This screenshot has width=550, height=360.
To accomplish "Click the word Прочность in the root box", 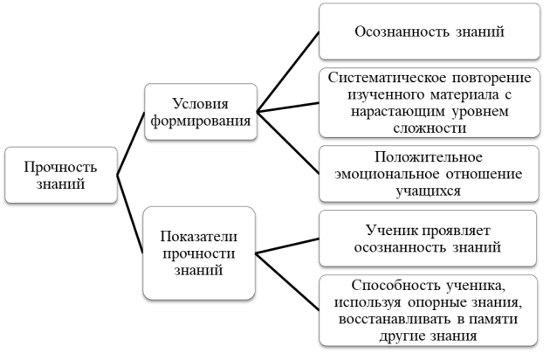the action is [61, 167].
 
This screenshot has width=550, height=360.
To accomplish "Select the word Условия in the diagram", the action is [201, 104].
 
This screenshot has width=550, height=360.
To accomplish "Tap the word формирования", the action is [201, 121].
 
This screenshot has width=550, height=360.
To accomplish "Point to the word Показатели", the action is [199, 237].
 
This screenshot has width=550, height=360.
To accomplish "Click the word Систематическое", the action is [388, 77].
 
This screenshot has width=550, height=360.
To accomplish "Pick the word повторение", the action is [492, 77].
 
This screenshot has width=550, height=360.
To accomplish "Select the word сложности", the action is [430, 128].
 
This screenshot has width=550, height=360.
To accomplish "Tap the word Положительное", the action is [429, 157].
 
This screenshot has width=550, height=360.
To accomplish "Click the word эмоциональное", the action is [387, 174].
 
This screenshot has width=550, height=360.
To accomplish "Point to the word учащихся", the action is [429, 191].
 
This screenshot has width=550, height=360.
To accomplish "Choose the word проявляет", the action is [456, 231].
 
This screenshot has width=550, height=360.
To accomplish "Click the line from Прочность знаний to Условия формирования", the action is [130, 143].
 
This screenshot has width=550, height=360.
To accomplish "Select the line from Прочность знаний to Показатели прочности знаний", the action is [130, 214].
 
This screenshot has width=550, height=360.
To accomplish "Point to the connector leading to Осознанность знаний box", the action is [288, 72].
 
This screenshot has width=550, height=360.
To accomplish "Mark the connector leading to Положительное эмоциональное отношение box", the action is [288, 142].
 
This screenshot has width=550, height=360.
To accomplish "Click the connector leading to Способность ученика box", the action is [287, 281].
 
